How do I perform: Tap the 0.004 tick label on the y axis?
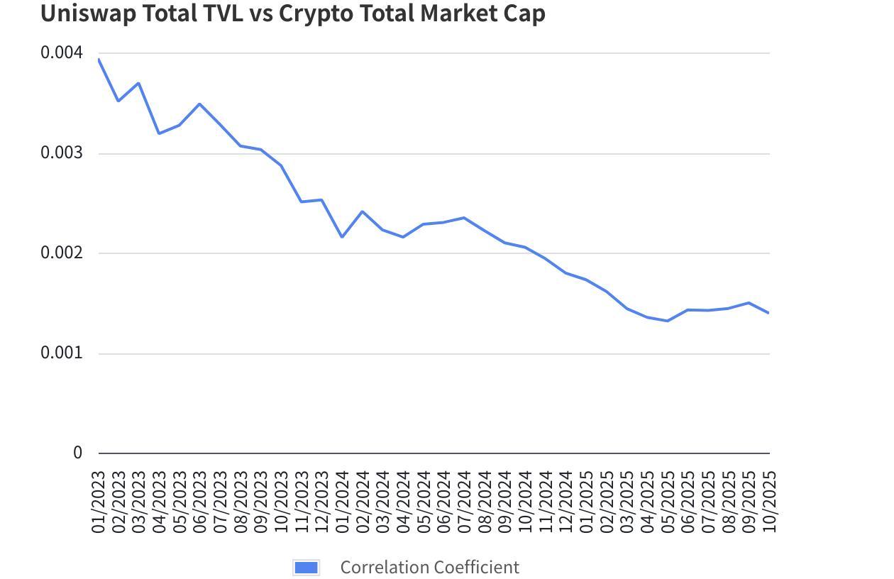pyautogui.click(x=62, y=53)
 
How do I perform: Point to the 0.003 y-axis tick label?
pyautogui.click(x=62, y=153)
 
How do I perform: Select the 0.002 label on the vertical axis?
pyautogui.click(x=62, y=253)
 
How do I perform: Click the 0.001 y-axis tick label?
pyautogui.click(x=62, y=353)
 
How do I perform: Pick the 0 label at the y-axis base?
pyautogui.click(x=77, y=453)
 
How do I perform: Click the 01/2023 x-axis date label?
pyautogui.click(x=99, y=502)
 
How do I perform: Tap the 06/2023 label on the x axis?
pyautogui.click(x=200, y=502)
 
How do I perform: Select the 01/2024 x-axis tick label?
pyautogui.click(x=342, y=502)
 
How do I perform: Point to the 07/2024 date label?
pyautogui.click(x=464, y=502)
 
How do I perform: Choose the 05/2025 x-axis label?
pyautogui.click(x=668, y=502)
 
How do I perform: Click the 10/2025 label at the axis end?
pyautogui.click(x=769, y=502)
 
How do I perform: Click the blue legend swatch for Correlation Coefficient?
pyautogui.click(x=306, y=568)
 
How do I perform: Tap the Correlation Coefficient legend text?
pyautogui.click(x=429, y=568)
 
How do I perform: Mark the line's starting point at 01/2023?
pyautogui.click(x=99, y=59)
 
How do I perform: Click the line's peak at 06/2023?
pyautogui.click(x=200, y=104)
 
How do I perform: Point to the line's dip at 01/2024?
pyautogui.click(x=342, y=237)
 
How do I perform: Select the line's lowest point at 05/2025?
pyautogui.click(x=668, y=321)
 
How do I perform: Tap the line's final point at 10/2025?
pyautogui.click(x=769, y=313)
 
